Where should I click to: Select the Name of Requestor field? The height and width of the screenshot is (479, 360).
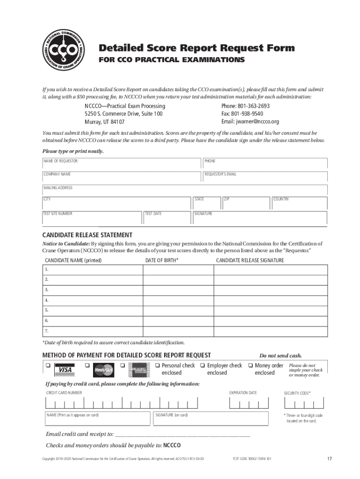pyautogui.click(x=122, y=163)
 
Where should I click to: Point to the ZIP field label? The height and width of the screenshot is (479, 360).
pyautogui.click(x=226, y=199)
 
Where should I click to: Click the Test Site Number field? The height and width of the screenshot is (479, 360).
pyautogui.click(x=91, y=217)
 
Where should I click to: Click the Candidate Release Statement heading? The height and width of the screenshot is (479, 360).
pyautogui.click(x=87, y=235)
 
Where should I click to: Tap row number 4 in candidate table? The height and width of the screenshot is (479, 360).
pyautogui.click(x=47, y=300)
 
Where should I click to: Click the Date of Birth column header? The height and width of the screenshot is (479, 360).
pyautogui.click(x=161, y=260)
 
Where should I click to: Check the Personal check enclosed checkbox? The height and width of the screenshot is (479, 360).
pyautogui.click(x=158, y=365)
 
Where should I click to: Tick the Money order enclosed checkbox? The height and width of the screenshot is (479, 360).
pyautogui.click(x=251, y=365)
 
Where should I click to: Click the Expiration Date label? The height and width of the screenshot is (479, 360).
pyautogui.click(x=243, y=393)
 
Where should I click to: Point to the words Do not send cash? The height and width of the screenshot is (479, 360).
pyautogui.click(x=277, y=355)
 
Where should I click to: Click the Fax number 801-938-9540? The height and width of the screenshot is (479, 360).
pyautogui.click(x=242, y=114)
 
